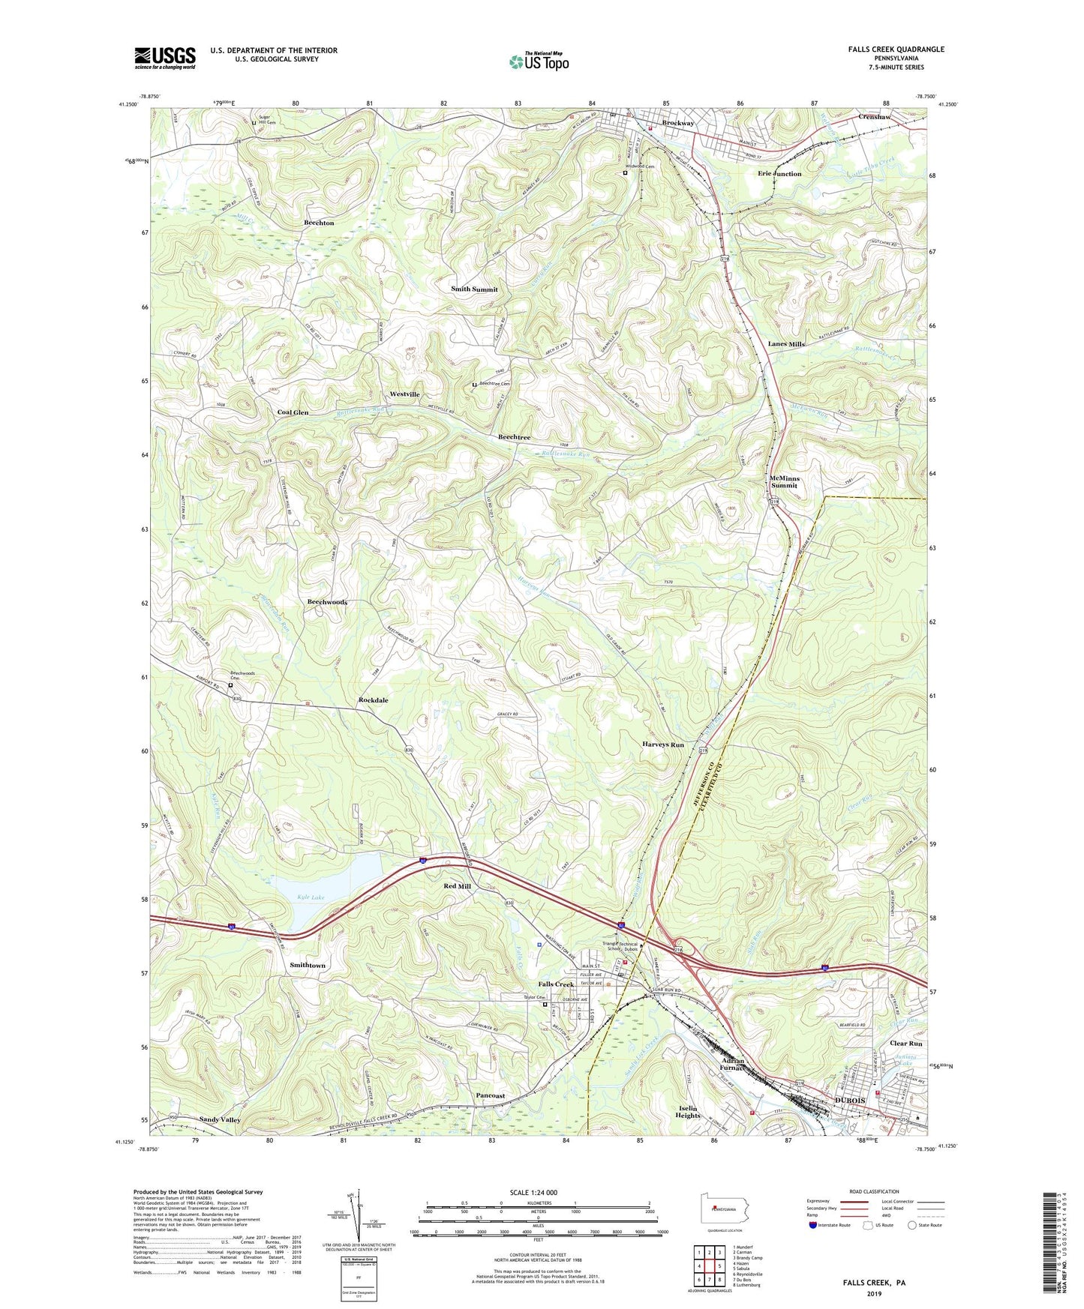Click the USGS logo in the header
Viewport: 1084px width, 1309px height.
(165, 58)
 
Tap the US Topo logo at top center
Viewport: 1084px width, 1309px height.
(539, 61)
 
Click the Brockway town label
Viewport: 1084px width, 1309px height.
(677, 123)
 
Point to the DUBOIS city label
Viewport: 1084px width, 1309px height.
(850, 1100)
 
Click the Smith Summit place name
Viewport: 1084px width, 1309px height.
(474, 289)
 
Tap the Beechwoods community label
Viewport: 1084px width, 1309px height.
(327, 602)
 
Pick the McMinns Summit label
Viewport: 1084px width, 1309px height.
(785, 481)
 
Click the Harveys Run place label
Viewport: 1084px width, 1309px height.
(663, 744)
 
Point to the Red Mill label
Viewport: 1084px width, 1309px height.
(457, 886)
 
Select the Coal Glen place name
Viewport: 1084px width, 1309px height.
(293, 412)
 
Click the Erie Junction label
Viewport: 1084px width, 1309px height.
(779, 174)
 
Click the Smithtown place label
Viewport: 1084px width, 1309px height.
(308, 965)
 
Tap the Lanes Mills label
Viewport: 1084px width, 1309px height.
(786, 344)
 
